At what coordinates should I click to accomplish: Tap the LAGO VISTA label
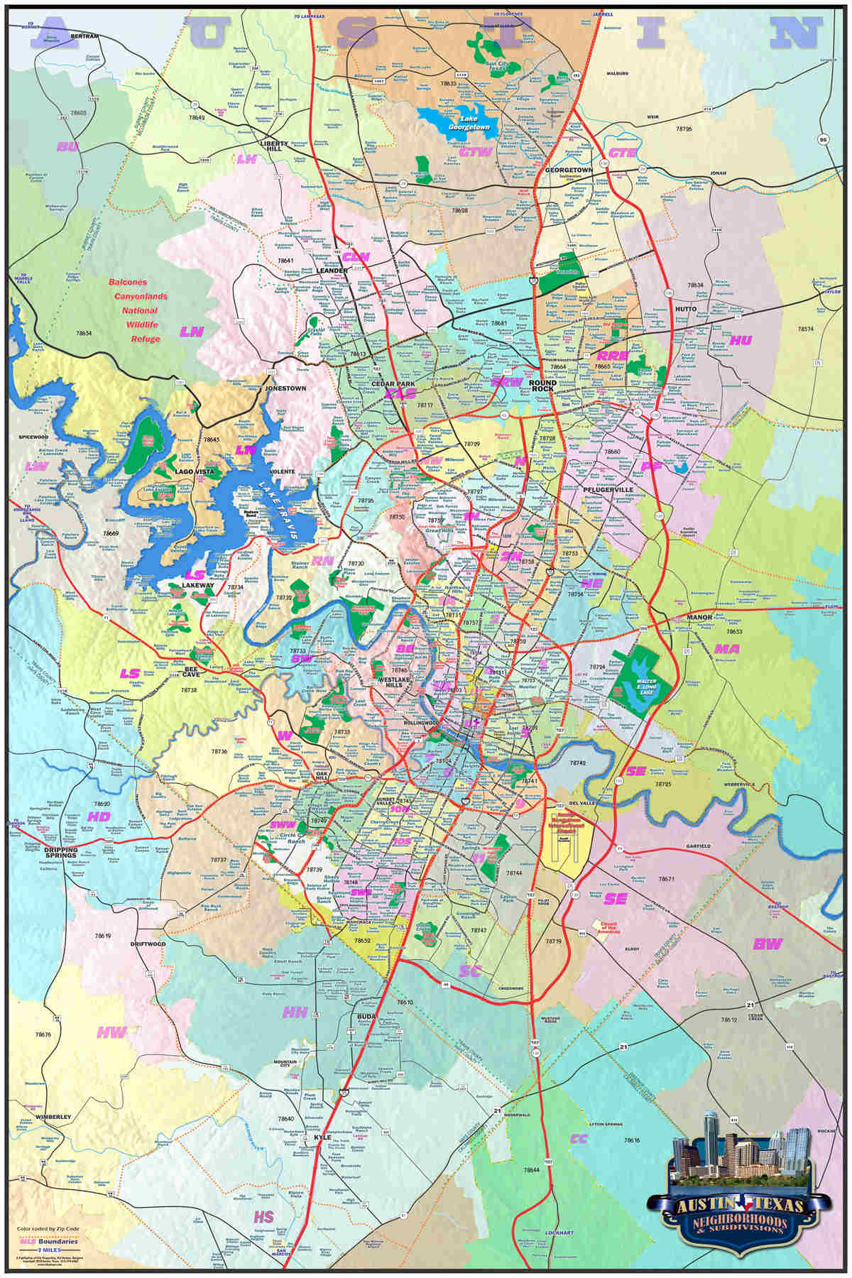(195, 471)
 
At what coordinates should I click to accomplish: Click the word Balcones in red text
(128, 282)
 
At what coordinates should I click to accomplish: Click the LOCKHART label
(559, 1232)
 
